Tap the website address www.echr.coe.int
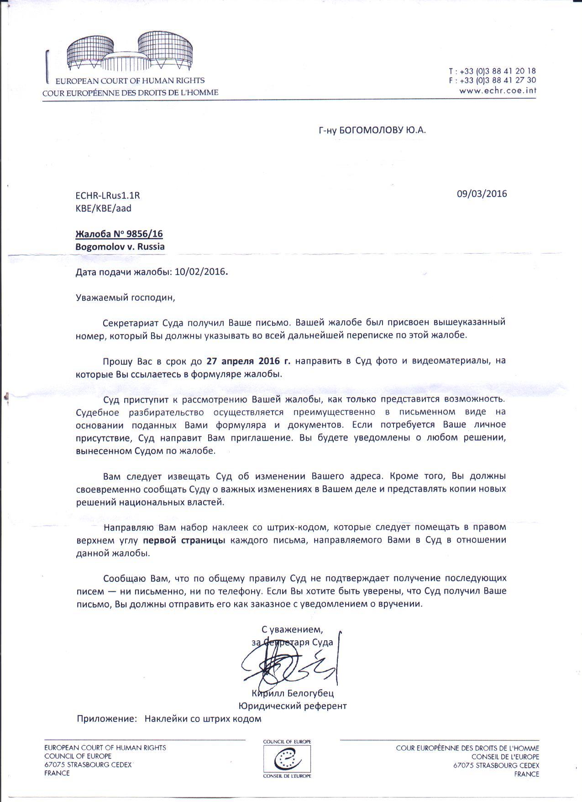point(498,90)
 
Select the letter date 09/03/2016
point(482,193)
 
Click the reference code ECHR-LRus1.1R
point(107,196)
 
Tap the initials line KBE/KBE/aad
point(103,208)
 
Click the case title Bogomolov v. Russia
point(120,247)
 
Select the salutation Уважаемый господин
point(125,298)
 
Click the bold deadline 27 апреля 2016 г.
point(248,361)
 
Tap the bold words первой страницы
point(184,540)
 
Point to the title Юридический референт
point(293,706)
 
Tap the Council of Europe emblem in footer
point(287,762)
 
